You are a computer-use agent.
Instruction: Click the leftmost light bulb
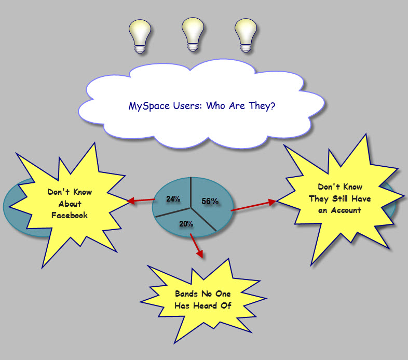tap(140, 36)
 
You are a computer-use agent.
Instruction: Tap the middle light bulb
tap(193, 34)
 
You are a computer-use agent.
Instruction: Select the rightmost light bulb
tap(246, 35)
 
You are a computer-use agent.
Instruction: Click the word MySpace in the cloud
tap(149, 106)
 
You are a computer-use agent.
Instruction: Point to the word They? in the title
tap(262, 105)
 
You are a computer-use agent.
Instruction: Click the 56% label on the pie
tap(210, 201)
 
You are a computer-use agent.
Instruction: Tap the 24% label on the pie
tap(173, 199)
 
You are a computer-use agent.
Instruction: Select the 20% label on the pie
tap(186, 224)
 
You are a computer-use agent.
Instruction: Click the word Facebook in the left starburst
tap(70, 215)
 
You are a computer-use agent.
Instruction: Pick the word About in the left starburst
tap(70, 204)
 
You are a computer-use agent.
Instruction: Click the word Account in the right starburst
tap(346, 210)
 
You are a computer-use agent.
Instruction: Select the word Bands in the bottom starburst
tap(186, 294)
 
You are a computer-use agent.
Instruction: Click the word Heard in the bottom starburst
tap(205, 305)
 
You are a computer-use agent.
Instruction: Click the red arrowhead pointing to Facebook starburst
tap(131, 201)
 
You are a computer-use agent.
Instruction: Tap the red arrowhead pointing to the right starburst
tap(272, 203)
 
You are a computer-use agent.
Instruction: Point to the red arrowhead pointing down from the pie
tap(200, 254)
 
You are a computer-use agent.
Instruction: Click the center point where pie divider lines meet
tap(191, 208)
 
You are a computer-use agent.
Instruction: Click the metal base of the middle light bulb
tap(193, 47)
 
